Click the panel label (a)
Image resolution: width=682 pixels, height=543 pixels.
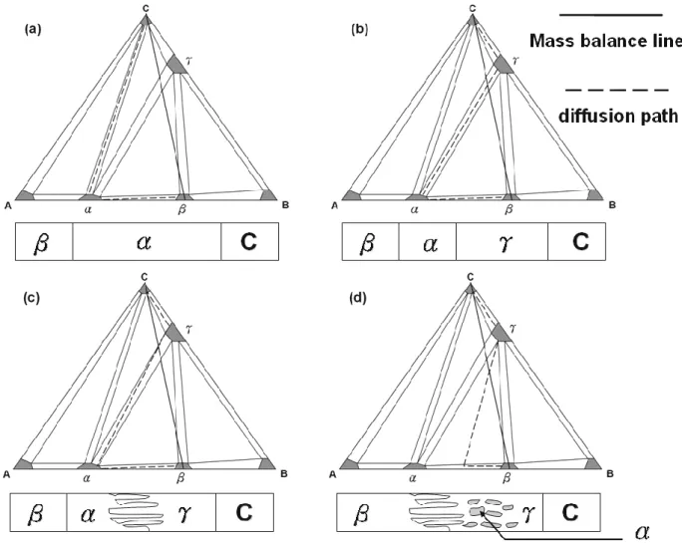33,30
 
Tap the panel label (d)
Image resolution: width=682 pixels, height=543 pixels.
358,298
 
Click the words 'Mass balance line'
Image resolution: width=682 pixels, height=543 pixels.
605,41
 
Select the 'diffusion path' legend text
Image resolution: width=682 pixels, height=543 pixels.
617,117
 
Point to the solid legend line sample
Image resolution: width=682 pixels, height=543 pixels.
610,15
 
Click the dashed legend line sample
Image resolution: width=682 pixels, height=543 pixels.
617,91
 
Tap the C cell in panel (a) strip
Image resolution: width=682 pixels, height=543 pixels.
249,242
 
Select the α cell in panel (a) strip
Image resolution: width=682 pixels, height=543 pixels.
147,242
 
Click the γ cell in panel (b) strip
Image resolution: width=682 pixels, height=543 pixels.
502,242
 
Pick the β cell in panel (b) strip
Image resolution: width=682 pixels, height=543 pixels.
371,242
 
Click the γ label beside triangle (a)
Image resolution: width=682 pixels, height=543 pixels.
187,61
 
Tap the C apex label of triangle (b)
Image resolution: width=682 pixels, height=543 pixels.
473,8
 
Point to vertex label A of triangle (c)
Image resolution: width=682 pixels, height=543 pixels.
7,474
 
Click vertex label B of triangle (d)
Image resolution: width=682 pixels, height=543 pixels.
610,474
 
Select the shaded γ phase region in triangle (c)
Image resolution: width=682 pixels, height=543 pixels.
175,334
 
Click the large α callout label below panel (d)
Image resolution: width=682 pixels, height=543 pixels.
642,532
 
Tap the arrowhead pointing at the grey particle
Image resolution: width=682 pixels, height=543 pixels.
482,513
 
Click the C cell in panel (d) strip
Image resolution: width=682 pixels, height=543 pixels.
571,512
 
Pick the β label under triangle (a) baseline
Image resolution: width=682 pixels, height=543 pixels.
181,209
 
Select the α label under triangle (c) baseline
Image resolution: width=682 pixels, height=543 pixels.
86,478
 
